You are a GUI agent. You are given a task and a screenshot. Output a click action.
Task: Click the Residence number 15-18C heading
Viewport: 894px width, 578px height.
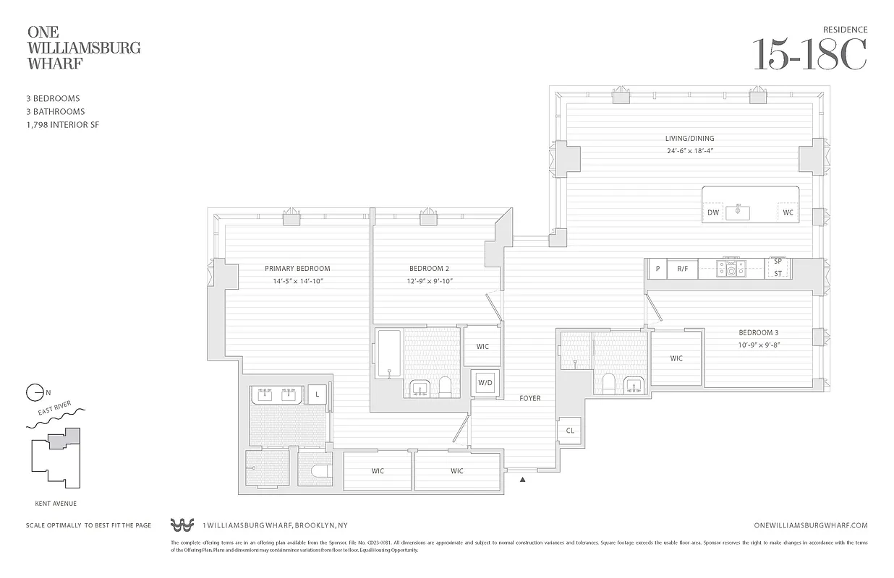click(x=809, y=55)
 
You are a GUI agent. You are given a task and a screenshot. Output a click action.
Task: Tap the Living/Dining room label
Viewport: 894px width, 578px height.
click(x=689, y=138)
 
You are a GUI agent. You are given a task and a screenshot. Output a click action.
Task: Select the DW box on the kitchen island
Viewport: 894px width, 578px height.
click(x=713, y=212)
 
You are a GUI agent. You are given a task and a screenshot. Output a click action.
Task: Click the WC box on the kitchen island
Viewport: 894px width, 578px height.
click(x=788, y=212)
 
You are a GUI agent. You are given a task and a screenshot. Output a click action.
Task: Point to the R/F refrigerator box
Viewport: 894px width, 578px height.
click(x=682, y=269)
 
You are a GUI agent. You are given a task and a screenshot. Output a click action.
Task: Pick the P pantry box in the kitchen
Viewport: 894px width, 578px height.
click(x=657, y=269)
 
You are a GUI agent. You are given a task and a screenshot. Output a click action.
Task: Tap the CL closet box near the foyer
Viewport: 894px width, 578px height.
click(x=570, y=431)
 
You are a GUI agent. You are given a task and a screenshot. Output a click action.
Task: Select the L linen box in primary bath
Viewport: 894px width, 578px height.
click(x=317, y=394)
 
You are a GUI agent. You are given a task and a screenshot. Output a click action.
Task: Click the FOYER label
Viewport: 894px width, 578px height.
click(x=529, y=398)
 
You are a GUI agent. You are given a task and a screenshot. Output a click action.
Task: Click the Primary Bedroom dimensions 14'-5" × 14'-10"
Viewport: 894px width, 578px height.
click(x=297, y=280)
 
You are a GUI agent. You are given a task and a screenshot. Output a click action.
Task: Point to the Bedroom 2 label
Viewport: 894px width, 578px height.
click(x=429, y=268)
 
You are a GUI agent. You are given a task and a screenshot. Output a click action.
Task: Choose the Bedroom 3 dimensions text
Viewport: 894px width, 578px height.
click(x=758, y=345)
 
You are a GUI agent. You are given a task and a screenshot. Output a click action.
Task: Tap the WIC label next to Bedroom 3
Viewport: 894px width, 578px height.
click(x=676, y=358)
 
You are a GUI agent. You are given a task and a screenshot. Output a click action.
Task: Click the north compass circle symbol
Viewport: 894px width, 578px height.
click(x=34, y=393)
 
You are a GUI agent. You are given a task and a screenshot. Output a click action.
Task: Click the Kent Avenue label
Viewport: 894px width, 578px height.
click(x=56, y=504)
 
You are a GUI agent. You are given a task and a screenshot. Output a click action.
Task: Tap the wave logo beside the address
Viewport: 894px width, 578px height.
click(x=183, y=525)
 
